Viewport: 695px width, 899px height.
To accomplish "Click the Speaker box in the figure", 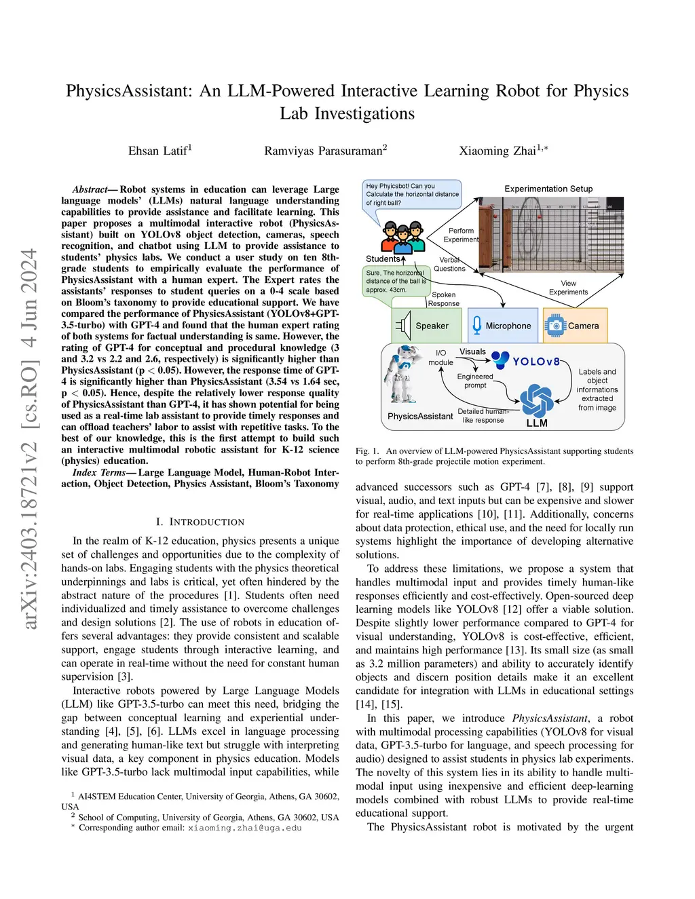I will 426,326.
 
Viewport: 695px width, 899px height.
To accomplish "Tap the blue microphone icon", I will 477,325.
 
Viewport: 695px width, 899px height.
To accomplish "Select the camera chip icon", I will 555,326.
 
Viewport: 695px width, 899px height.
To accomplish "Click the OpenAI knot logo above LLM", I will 537,400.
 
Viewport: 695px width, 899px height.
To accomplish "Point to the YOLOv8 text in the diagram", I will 536,362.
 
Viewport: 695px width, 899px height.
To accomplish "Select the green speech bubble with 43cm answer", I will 396,281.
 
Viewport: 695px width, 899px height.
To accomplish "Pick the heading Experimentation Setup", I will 548,189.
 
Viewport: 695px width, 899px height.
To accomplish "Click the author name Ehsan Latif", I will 159,151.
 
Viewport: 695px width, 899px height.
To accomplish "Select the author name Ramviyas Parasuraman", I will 324,151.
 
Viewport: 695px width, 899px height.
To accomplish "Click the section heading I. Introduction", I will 200,522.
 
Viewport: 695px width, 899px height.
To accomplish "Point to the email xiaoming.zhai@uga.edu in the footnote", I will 244,828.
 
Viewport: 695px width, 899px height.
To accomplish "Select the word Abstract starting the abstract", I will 90,189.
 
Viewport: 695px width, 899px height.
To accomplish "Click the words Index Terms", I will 99,472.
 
